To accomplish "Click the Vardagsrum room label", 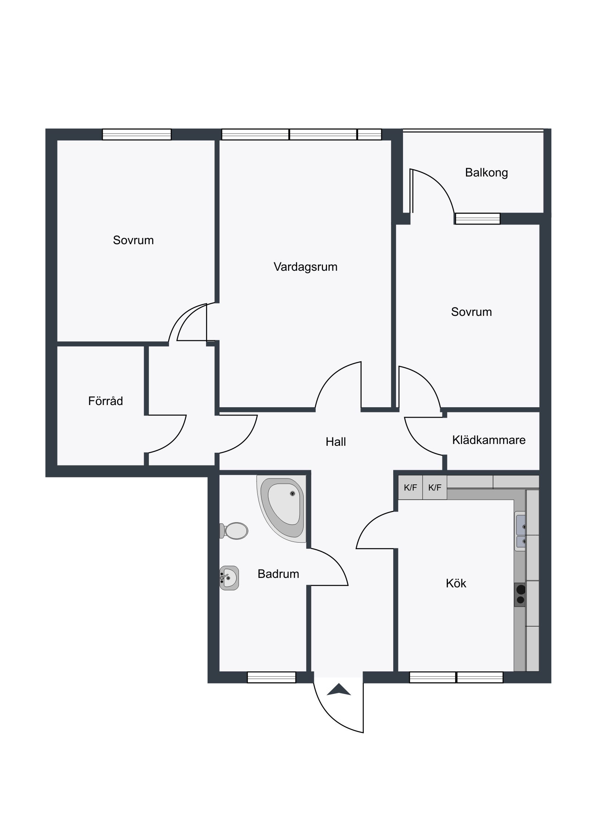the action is pyautogui.click(x=305, y=267).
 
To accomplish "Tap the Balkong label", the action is pyautogui.click(x=486, y=172).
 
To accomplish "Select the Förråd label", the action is pyautogui.click(x=106, y=401).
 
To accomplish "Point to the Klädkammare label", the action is pyautogui.click(x=489, y=440).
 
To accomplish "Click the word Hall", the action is pyautogui.click(x=336, y=441).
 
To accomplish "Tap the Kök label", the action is pyautogui.click(x=456, y=583).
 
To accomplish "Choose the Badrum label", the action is pyautogui.click(x=278, y=574).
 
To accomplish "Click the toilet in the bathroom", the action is pyautogui.click(x=234, y=531).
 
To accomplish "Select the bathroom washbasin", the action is pyautogui.click(x=229, y=578).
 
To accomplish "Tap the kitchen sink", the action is pyautogui.click(x=520, y=531).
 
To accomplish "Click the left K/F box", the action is pyautogui.click(x=410, y=487).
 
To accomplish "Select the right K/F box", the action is pyautogui.click(x=435, y=487).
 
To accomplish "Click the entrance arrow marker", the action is pyautogui.click(x=339, y=689).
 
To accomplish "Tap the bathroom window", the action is pyautogui.click(x=271, y=677).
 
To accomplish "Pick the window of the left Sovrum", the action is pyautogui.click(x=137, y=134).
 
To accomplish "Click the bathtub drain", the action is pyautogui.click(x=292, y=493).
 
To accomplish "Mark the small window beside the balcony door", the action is pyautogui.click(x=477, y=219).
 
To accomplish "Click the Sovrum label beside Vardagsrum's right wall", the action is pyautogui.click(x=471, y=312).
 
